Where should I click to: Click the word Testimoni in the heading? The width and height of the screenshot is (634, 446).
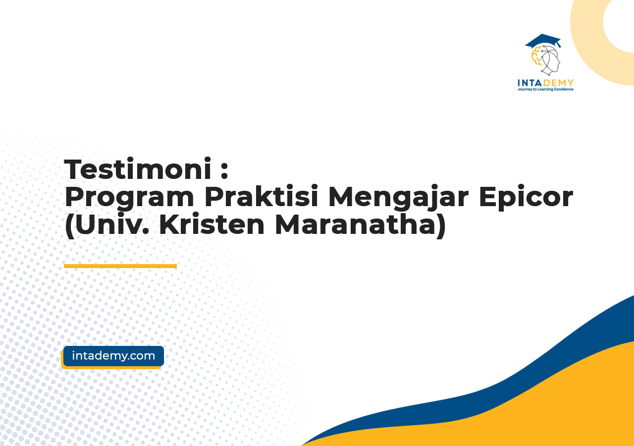[138, 169]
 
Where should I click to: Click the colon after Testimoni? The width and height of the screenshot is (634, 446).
[224, 171]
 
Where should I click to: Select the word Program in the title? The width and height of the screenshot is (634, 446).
[129, 197]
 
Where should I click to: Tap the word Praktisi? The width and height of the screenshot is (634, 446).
[261, 196]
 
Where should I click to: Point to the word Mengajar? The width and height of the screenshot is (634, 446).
[398, 197]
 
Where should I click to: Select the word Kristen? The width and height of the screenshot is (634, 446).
[211, 224]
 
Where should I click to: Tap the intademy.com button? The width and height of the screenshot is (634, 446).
[113, 356]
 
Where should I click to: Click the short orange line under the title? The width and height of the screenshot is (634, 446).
[120, 266]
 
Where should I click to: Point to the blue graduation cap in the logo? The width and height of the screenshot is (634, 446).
[543, 41]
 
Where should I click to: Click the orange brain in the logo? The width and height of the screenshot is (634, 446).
[536, 56]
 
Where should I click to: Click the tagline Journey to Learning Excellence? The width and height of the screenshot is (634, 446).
[545, 89]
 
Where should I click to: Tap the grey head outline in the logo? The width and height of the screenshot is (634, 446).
[550, 60]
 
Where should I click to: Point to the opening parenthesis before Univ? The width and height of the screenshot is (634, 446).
[69, 225]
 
